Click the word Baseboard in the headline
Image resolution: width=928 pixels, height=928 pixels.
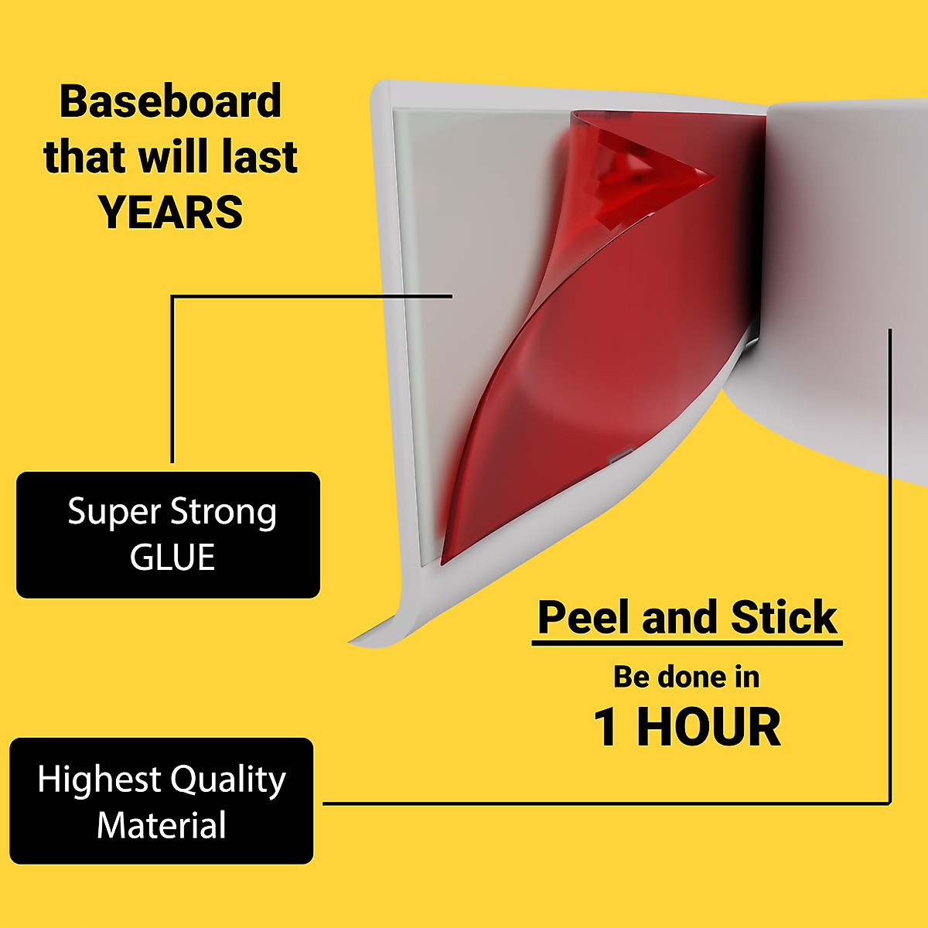[x=170, y=102]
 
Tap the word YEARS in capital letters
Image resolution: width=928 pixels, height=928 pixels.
[x=170, y=212]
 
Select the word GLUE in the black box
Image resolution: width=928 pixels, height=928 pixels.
[x=172, y=558]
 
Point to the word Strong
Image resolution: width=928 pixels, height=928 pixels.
[x=223, y=513]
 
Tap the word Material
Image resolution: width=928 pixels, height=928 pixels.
[x=162, y=825]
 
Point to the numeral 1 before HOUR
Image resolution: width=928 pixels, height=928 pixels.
[x=606, y=728]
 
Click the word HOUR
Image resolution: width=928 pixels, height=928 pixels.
[x=708, y=728]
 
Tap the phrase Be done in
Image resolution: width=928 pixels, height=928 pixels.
[x=686, y=677]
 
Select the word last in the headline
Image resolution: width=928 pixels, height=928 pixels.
[x=259, y=157]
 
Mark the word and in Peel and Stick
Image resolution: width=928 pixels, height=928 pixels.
[x=681, y=617]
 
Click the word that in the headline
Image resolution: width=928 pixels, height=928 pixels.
[x=85, y=157]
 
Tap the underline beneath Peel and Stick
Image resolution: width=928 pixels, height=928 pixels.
[x=687, y=643]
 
